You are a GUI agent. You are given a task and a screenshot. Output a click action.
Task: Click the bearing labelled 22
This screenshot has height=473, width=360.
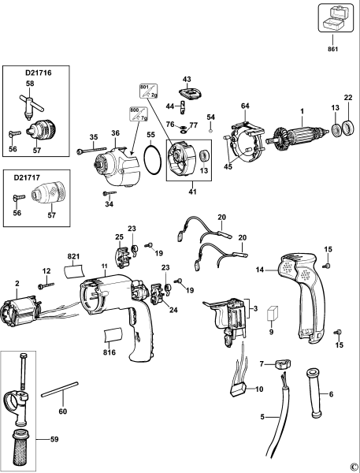click(x=347, y=128)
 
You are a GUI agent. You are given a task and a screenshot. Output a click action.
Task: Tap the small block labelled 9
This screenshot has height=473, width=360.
click(x=273, y=313)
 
